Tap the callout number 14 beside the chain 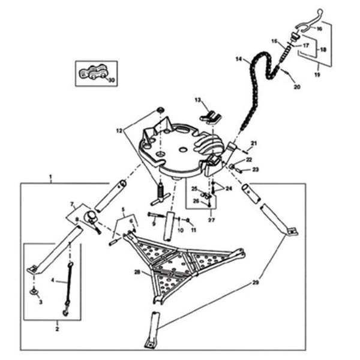pyautogui.click(x=238, y=59)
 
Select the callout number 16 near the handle pyautogui.click(x=319, y=28)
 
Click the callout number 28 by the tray pyautogui.click(x=137, y=272)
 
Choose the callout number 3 pyautogui.click(x=41, y=302)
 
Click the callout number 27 pyautogui.click(x=211, y=220)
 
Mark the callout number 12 pyautogui.click(x=119, y=129)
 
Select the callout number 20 pyautogui.click(x=296, y=87)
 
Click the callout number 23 pyautogui.click(x=255, y=170)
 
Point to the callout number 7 pyautogui.click(x=73, y=205)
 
